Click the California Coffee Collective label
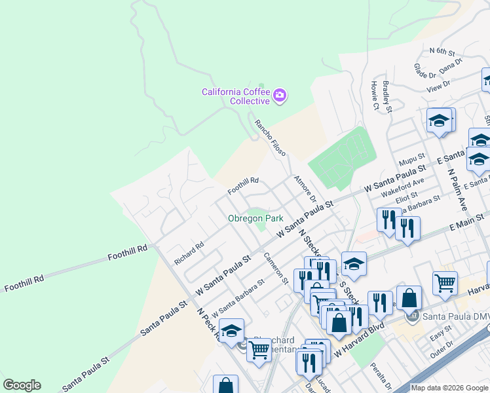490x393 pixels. [235, 96]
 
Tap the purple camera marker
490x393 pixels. [280, 96]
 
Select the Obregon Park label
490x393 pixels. [255, 218]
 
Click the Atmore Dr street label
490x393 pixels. [305, 189]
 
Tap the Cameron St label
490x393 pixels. [276, 269]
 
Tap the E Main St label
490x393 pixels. [466, 227]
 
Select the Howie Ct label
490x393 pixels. [375, 96]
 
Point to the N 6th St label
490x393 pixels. [442, 50]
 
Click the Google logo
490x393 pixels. [22, 385]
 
